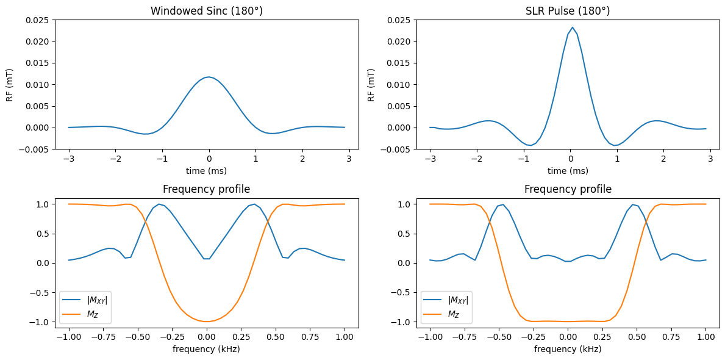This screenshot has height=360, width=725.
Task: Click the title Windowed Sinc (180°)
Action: (207, 11)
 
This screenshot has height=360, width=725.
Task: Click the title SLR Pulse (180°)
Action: (568, 11)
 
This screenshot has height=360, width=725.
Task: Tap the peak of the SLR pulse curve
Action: (573, 27)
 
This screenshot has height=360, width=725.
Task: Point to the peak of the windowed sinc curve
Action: (209, 77)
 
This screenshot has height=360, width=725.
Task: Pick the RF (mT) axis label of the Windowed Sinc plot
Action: (9, 85)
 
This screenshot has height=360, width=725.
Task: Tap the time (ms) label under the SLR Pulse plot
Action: (568, 171)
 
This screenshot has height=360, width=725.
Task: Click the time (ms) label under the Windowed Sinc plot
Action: (207, 171)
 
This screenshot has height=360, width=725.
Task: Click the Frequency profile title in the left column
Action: (207, 189)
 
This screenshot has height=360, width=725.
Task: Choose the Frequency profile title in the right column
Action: (568, 189)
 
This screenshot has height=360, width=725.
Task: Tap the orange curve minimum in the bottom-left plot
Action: (207, 322)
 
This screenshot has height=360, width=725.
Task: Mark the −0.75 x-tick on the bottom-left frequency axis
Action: (103, 337)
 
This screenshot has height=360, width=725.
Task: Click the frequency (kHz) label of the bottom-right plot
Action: (568, 349)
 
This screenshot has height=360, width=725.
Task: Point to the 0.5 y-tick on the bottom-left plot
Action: (44, 234)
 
